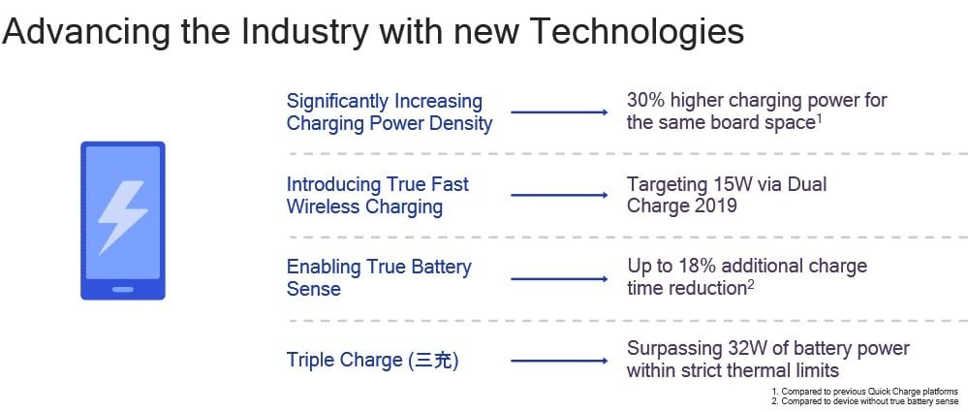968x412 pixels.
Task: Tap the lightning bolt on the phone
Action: click(123, 217)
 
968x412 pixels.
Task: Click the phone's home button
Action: click(123, 289)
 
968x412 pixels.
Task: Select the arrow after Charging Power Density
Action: click(559, 112)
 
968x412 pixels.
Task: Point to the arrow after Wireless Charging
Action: click(559, 195)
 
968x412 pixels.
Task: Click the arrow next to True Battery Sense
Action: click(559, 279)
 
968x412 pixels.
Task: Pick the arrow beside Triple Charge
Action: click(559, 361)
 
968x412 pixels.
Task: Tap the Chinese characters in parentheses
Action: click(434, 360)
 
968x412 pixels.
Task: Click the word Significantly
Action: click(336, 101)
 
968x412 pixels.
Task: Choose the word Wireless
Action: click(322, 206)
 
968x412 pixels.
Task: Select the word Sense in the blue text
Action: click(314, 289)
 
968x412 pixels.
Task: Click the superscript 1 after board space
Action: click(819, 118)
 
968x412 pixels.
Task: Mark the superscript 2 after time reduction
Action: click(751, 283)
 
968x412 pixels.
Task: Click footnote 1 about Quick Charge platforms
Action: click(865, 392)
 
